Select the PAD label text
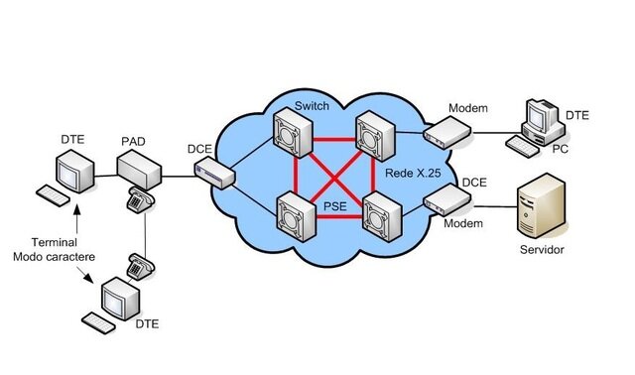tap(133, 142)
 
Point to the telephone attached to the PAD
tap(138, 200)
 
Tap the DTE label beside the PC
tap(576, 116)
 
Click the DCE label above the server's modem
tap(473, 184)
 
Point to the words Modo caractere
tap(47, 256)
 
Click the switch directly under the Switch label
tap(295, 132)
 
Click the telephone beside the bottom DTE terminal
tap(139, 266)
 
